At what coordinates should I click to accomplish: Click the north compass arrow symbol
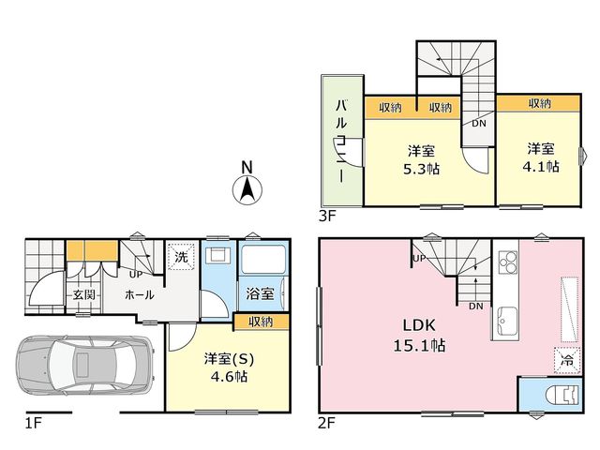pyautogui.click(x=247, y=190)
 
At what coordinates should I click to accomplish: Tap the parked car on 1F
pyautogui.click(x=85, y=367)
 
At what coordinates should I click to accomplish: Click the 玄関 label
pyautogui.click(x=83, y=295)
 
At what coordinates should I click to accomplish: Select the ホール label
pyautogui.click(x=140, y=294)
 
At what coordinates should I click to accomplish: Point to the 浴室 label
pyautogui.click(x=260, y=293)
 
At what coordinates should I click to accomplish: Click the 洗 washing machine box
pyautogui.click(x=181, y=257)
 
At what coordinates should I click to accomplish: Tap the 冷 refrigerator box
pyautogui.click(x=567, y=360)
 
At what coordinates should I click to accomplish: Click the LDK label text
pyautogui.click(x=419, y=325)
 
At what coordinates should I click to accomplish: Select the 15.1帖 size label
pyautogui.click(x=419, y=346)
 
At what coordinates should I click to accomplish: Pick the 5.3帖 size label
pyautogui.click(x=421, y=169)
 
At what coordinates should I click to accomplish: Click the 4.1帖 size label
pyautogui.click(x=541, y=167)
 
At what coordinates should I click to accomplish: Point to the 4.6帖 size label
pyautogui.click(x=229, y=377)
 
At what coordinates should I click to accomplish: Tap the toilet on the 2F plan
pyautogui.click(x=562, y=395)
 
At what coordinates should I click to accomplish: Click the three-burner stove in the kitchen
pyautogui.click(x=508, y=262)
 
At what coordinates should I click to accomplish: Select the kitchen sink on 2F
pyautogui.click(x=508, y=321)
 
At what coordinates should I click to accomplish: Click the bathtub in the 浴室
pyautogui.click(x=262, y=261)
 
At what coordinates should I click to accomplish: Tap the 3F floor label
pyautogui.click(x=327, y=217)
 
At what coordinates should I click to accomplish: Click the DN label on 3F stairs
pyautogui.click(x=479, y=123)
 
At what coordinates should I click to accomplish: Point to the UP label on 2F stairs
pyautogui.click(x=419, y=259)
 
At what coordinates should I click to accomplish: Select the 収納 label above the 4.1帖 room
pyautogui.click(x=540, y=103)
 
